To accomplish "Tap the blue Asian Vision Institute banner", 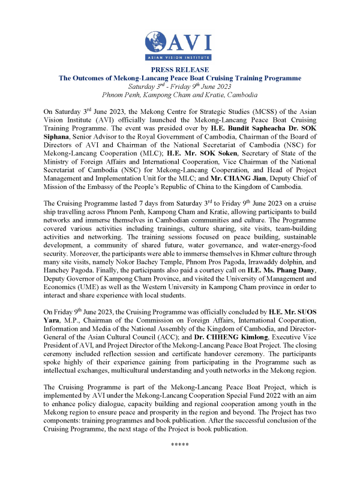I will tap(180, 58).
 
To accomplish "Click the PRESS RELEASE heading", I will tap(180, 70).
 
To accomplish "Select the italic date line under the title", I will tap(180, 86).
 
